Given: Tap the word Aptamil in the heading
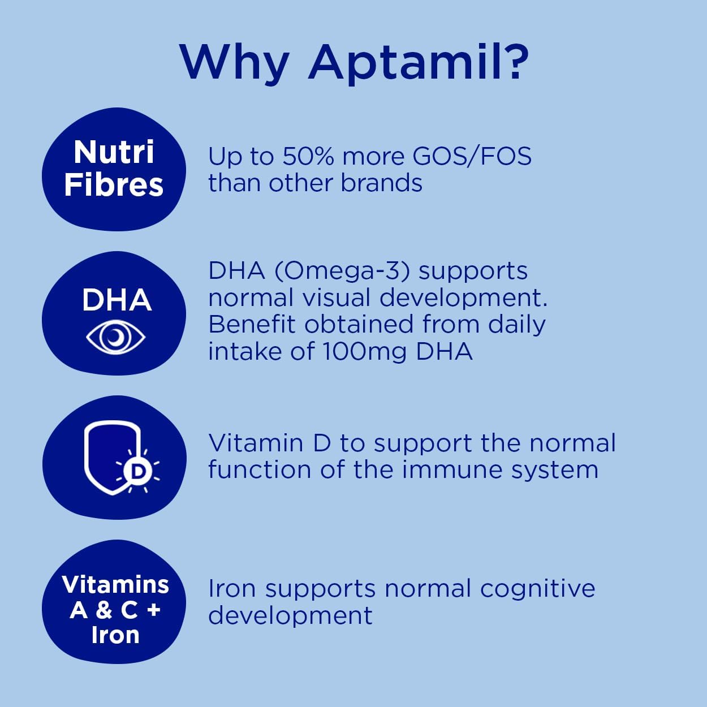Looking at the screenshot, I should pyautogui.click(x=419, y=62).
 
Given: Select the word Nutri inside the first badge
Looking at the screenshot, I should pyautogui.click(x=114, y=152).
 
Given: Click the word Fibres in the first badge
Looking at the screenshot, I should pyautogui.click(x=114, y=185).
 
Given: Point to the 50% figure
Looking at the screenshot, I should pyautogui.click(x=308, y=157).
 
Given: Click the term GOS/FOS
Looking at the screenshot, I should pyautogui.click(x=472, y=157).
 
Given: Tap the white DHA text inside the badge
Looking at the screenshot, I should pyautogui.click(x=117, y=300).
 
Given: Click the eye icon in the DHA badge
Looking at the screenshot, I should pyautogui.click(x=116, y=337).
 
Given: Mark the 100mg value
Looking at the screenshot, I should pyautogui.click(x=365, y=352).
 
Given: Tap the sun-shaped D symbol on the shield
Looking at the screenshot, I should pyautogui.click(x=137, y=471).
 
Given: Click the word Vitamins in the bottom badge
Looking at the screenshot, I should pyautogui.click(x=115, y=585).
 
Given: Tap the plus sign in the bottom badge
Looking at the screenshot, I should pyautogui.click(x=153, y=610).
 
